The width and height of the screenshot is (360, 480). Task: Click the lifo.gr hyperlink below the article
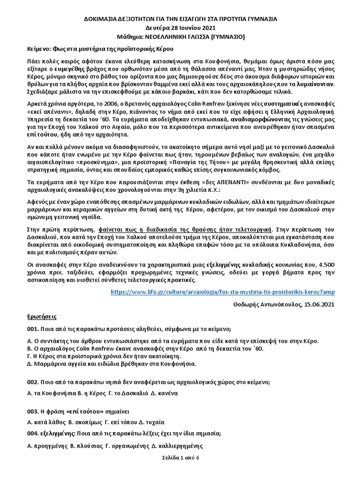223,292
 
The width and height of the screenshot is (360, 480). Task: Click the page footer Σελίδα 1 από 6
180,457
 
